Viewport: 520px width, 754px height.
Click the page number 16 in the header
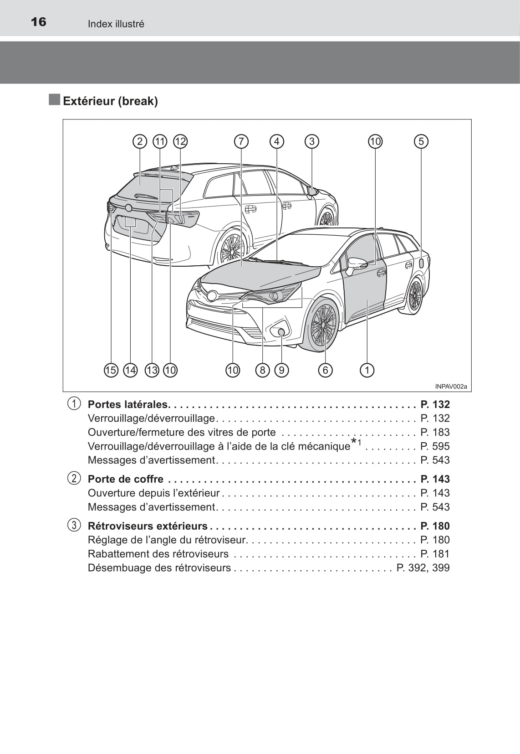tap(39, 22)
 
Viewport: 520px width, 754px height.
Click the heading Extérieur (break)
tap(110, 101)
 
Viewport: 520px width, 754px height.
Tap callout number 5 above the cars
tap(421, 141)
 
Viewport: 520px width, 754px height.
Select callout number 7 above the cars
tap(241, 141)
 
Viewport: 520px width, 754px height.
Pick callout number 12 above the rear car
tap(180, 141)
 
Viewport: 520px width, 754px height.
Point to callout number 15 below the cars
tap(111, 370)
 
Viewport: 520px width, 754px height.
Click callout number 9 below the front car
tap(281, 370)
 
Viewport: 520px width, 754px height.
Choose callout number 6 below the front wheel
tap(325, 370)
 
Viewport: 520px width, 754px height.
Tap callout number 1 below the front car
tap(367, 370)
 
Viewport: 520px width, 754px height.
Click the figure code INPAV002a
tap(451, 387)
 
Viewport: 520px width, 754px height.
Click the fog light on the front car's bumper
tap(281, 332)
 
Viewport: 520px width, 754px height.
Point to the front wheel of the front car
tap(323, 325)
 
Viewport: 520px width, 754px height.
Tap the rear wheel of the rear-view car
tap(232, 248)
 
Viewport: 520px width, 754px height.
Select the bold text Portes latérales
tap(128, 404)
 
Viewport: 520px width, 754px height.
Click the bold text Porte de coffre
tap(125, 479)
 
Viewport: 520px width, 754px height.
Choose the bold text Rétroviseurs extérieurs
tap(148, 526)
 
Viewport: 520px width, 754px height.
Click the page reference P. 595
tap(435, 446)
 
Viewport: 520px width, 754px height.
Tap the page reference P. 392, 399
tap(423, 568)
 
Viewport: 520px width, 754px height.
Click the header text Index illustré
tap(116, 24)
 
